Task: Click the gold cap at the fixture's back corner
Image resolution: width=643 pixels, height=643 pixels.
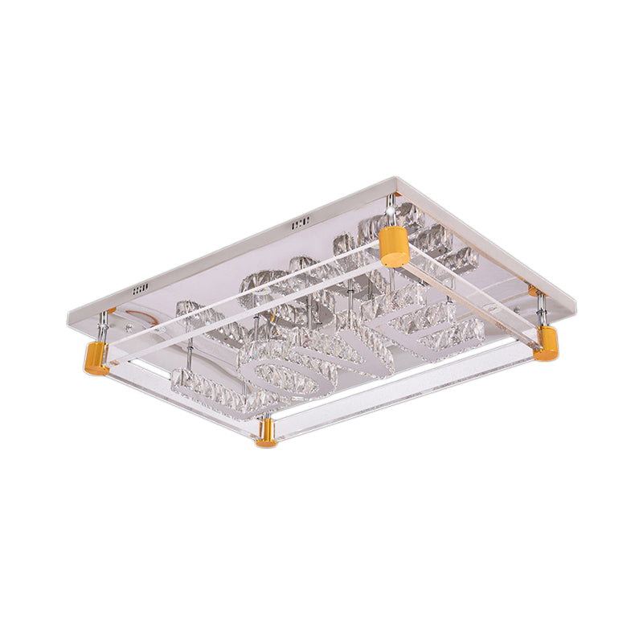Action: pos(395,246)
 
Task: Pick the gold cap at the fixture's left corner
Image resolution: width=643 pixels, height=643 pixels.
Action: pos(94,358)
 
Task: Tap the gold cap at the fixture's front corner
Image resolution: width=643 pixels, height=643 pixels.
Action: pos(266,435)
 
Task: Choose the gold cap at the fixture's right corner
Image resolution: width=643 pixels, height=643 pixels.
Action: pos(546,343)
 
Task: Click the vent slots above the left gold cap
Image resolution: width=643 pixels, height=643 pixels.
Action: pos(141,287)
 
